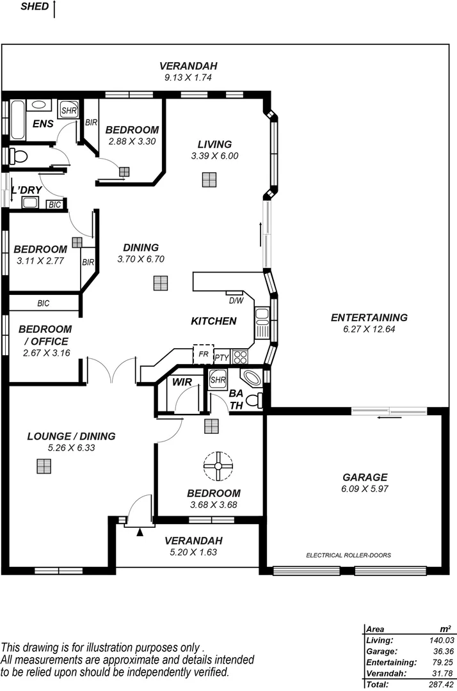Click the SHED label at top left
(35, 7)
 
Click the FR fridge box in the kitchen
(203, 354)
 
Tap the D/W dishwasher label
(236, 300)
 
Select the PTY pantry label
(221, 358)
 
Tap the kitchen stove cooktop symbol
(240, 356)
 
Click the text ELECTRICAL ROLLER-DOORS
(349, 555)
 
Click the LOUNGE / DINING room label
(71, 436)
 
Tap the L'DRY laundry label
(26, 190)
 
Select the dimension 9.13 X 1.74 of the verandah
(188, 77)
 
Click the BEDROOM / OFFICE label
(43, 335)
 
